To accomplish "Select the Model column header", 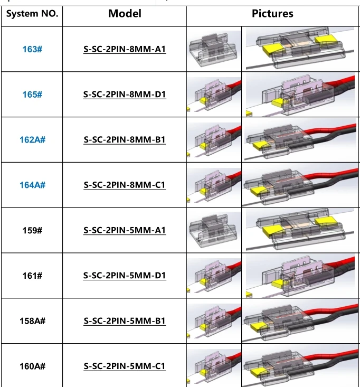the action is tap(125, 14).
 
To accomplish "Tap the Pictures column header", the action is tap(272, 14).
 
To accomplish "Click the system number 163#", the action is tap(32, 49).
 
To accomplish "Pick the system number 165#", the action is tap(32, 95).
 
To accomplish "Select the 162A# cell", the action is tap(32, 140).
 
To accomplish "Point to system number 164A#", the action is tap(32, 185).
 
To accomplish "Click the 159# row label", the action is tap(32, 230).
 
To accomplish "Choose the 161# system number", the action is tap(32, 276).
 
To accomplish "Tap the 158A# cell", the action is tap(32, 321).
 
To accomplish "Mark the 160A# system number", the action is tap(32, 366).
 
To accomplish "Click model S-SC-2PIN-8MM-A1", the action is tap(125, 50).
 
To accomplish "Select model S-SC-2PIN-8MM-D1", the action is tap(125, 95).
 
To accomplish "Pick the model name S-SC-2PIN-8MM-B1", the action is tap(125, 140).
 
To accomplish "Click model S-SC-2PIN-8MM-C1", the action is tap(125, 186).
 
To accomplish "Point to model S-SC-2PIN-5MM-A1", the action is tap(125, 231).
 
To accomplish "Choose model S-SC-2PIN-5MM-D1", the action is tap(125, 276).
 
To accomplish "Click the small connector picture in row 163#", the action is tap(214, 49).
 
